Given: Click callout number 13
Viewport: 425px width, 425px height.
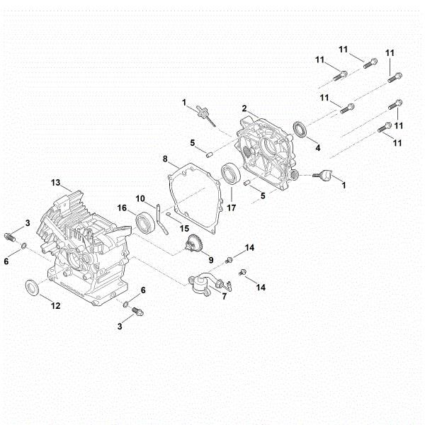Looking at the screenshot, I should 55,182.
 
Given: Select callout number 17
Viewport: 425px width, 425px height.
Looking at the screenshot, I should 231,209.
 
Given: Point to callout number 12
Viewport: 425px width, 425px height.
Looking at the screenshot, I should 55,305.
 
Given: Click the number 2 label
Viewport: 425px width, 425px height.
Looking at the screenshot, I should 244,108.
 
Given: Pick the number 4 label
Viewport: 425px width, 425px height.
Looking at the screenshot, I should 317,149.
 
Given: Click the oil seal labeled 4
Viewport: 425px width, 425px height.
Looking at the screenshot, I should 302,130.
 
